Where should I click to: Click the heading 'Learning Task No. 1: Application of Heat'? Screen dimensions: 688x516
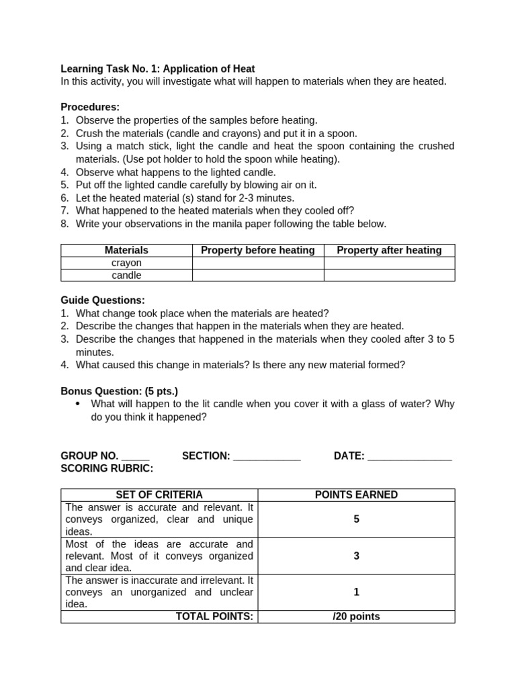158,69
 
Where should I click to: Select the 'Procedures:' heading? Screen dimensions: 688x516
90,107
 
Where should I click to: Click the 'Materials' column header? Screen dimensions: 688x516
126,250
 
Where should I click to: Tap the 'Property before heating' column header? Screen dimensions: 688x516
258,250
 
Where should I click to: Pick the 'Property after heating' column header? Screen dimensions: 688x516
389,250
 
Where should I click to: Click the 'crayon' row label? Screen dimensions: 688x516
126,263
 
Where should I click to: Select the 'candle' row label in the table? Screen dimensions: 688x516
126,275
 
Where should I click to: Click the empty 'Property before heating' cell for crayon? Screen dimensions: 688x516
258,263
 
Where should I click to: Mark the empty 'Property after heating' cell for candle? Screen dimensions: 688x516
389,275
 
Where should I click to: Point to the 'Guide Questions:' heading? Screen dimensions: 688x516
103,300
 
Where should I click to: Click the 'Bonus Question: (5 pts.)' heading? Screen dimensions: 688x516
119,391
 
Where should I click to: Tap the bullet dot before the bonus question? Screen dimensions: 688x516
77,404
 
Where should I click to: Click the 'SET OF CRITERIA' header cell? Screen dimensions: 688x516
159,494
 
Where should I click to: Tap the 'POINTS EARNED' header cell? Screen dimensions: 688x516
356,494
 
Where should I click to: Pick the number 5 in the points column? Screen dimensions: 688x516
356,519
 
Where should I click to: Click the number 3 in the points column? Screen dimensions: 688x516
356,556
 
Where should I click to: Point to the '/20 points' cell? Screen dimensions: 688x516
356,616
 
